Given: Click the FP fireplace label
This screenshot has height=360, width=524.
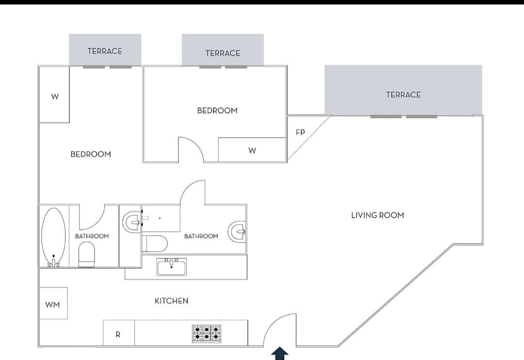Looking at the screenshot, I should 300,132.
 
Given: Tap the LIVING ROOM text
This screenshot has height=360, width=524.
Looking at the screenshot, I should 377,215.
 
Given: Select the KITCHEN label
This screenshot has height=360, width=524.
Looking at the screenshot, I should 171,301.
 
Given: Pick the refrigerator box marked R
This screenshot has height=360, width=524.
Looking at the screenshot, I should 118,334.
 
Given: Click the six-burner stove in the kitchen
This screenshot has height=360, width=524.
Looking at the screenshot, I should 206,333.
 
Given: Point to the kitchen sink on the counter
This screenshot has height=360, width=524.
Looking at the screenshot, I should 171,267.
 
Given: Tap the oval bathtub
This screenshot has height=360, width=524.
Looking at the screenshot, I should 53,236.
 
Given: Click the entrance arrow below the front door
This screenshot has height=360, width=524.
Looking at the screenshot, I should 279,354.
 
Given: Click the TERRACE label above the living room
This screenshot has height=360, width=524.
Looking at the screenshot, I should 403,95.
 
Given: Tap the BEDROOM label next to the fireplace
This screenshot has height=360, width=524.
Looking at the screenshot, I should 217,111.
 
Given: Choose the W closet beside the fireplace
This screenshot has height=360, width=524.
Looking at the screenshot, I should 252,150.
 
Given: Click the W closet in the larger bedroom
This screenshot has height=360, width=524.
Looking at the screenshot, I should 54,96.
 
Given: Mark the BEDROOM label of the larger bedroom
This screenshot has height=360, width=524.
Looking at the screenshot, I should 91,154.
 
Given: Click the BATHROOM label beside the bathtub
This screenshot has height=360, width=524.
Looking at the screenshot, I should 92,236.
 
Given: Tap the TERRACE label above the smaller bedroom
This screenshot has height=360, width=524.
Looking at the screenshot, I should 223,53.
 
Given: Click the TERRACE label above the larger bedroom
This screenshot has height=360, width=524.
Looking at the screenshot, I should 105,51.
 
